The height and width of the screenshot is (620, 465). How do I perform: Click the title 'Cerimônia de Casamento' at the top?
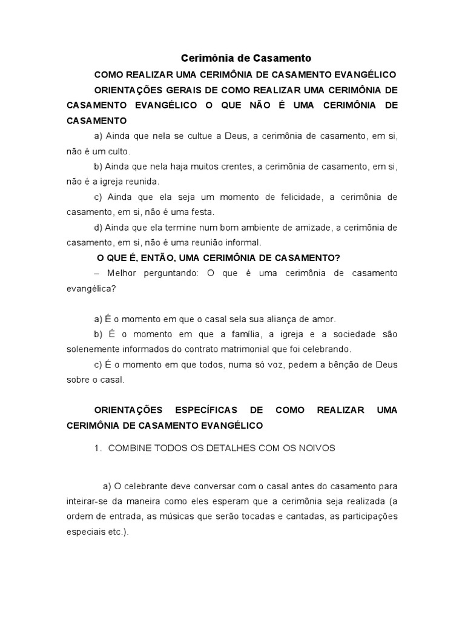point(246,59)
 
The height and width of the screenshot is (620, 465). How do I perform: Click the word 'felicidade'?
point(315,197)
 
